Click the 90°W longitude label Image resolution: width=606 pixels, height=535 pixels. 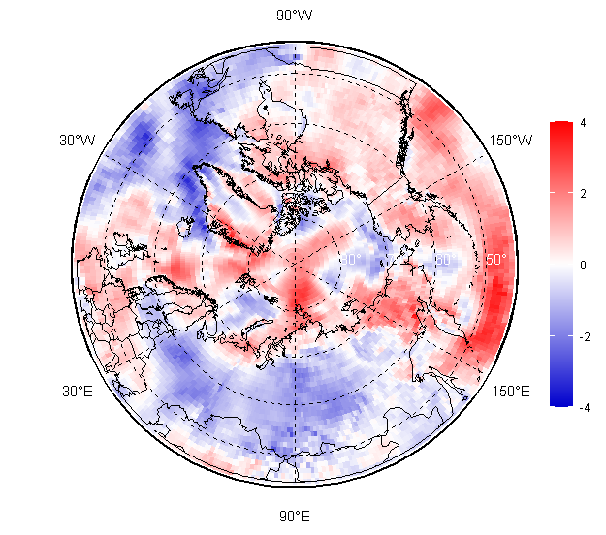coord(295,16)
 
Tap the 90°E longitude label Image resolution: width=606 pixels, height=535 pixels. coord(295,516)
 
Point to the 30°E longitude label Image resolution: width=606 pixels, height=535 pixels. coord(78,392)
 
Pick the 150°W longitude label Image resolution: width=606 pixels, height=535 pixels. coord(511,141)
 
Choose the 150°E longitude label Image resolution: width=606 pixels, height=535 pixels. coord(511,392)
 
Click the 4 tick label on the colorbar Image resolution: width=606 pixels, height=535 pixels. coord(582,123)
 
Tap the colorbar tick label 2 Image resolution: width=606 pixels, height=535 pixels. coord(582,194)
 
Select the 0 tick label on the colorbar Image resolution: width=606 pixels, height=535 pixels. coord(582,265)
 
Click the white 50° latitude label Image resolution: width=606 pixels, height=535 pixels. coord(495,260)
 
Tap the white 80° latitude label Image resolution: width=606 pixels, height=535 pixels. coord(351,260)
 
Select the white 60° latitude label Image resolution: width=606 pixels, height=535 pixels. coord(446,260)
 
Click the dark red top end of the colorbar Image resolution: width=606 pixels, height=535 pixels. coord(559,126)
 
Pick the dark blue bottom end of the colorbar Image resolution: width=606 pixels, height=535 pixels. coord(559,400)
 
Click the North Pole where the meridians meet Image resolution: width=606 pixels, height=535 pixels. coord(295,265)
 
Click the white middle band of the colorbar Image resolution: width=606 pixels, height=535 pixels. coord(559,265)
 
